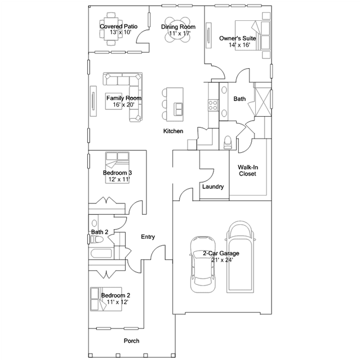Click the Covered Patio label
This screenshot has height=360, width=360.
118,26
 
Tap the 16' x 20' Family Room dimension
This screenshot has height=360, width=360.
123,105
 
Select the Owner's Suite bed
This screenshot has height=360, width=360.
252,35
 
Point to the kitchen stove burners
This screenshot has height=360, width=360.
213,105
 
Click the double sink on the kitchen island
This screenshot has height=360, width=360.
179,109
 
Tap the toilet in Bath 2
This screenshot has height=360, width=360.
97,239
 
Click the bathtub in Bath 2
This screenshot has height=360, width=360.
101,254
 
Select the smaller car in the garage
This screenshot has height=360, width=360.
203,264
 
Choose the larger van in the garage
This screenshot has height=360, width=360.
241,257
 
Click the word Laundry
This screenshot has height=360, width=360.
213,186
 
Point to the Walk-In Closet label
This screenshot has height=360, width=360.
248,170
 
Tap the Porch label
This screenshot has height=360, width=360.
132,341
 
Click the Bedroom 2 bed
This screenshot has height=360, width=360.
106,299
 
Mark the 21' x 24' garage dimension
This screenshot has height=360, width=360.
222,260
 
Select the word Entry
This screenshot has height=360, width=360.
148,237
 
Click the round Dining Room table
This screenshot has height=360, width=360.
178,30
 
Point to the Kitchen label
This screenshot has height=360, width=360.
173,131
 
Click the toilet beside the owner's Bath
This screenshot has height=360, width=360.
228,143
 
